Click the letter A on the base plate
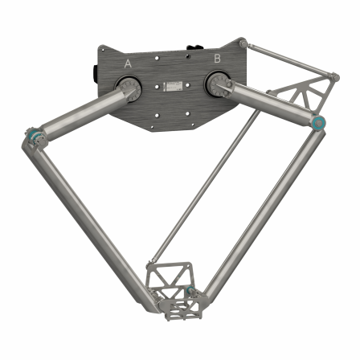pyautogui.click(x=128, y=63)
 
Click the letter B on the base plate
pyautogui.click(x=216, y=59)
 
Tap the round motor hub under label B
pyautogui.click(x=217, y=82)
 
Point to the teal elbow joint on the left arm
pyautogui.click(x=31, y=134)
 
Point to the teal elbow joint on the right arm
pyautogui.click(x=318, y=123)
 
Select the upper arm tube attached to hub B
pyautogui.click(x=269, y=103)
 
